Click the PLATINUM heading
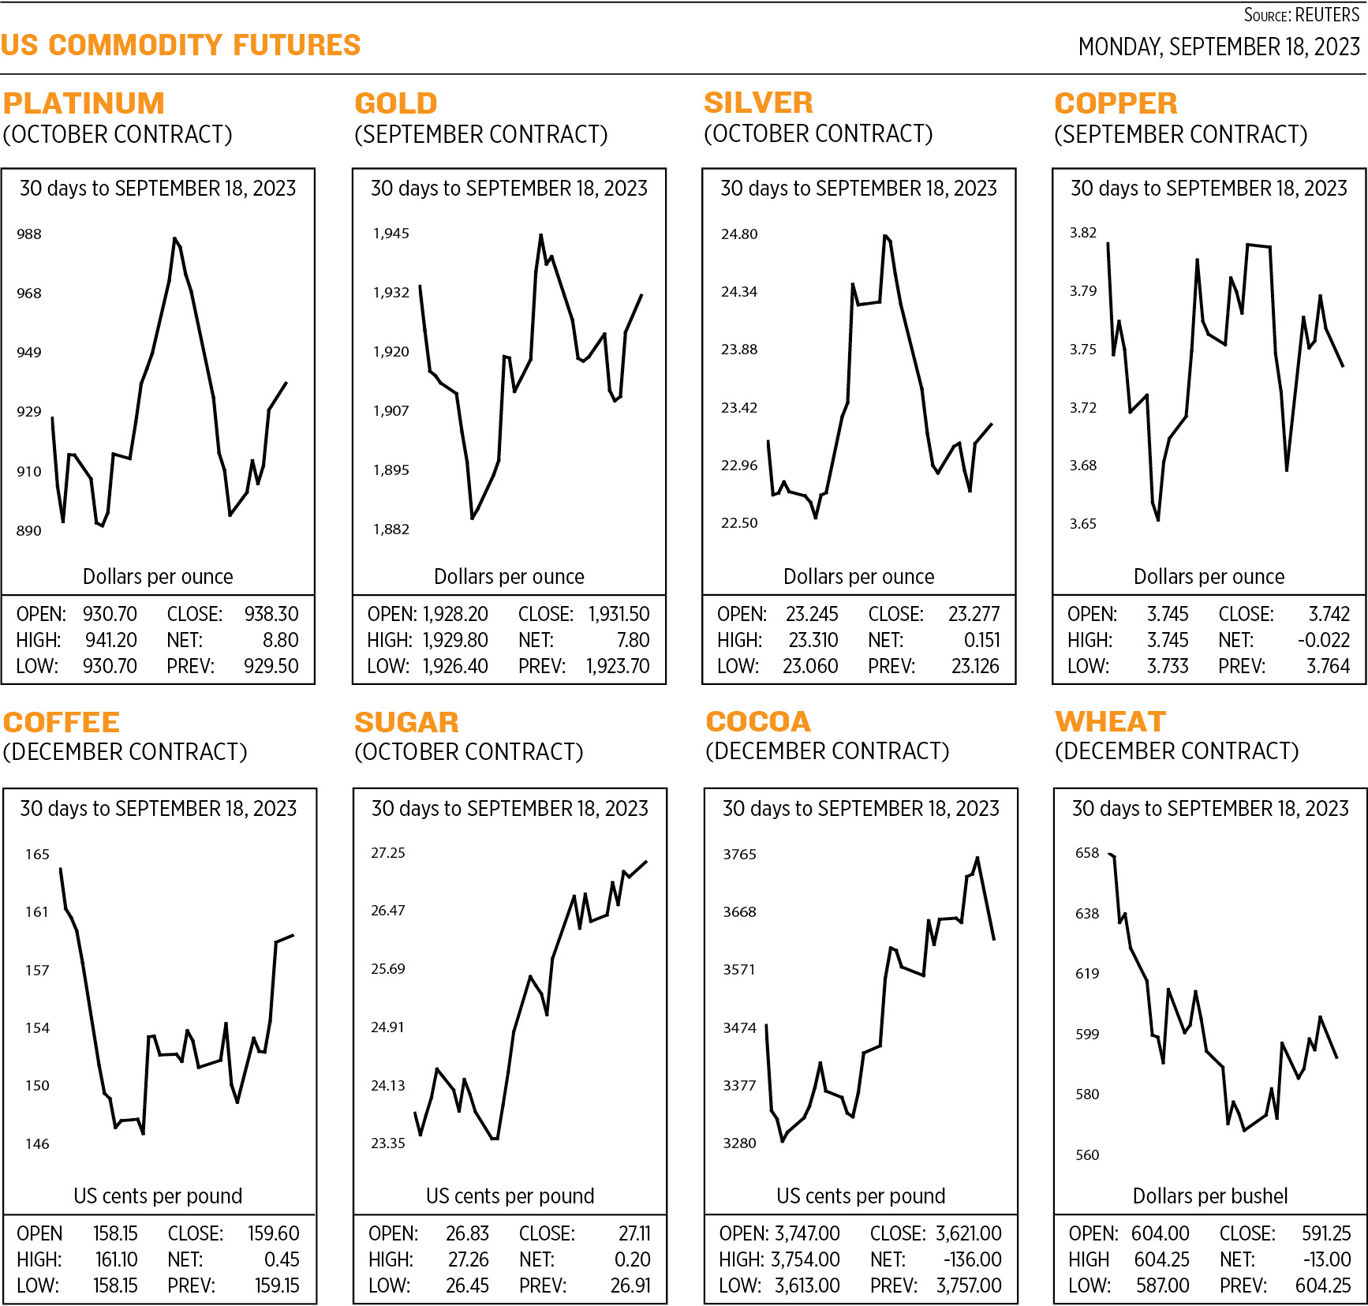84,103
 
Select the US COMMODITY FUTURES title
181,45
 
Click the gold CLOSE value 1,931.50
619,614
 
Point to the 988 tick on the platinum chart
29,234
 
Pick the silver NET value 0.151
981,640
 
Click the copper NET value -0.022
1323,640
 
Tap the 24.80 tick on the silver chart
739,234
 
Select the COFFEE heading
62,722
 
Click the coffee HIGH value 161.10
116,1259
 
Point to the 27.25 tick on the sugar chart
388,853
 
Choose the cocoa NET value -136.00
972,1259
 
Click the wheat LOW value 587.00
1162,1285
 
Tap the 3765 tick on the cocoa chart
739,855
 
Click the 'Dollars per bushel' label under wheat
1209,1196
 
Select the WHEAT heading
1110,721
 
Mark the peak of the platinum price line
174,238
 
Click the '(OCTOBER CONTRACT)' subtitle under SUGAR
469,752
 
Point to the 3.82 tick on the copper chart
1083,233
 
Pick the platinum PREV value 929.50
271,666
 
